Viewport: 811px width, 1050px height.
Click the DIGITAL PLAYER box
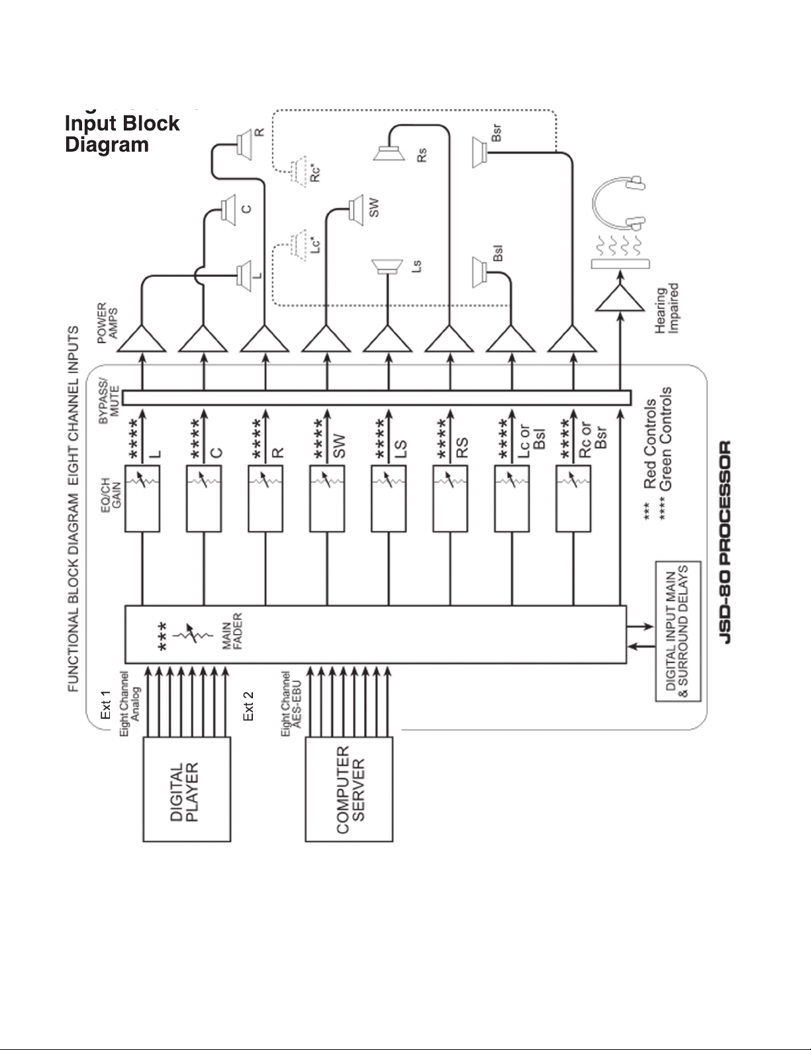tap(186, 789)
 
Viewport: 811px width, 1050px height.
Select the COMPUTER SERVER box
tap(349, 789)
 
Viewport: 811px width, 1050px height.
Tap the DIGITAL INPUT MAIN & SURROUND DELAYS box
tap(678, 631)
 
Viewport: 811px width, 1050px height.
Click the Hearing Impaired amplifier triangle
tap(620, 299)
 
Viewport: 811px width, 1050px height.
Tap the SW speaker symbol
tap(356, 210)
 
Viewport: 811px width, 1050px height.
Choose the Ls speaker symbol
tap(387, 267)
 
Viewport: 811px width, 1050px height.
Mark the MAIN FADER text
tap(232, 631)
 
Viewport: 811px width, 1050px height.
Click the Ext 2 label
tap(248, 706)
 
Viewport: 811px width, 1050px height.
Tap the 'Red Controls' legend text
tap(650, 443)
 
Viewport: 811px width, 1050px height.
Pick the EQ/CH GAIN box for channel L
tap(142, 499)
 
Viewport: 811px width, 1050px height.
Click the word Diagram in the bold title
tap(107, 144)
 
